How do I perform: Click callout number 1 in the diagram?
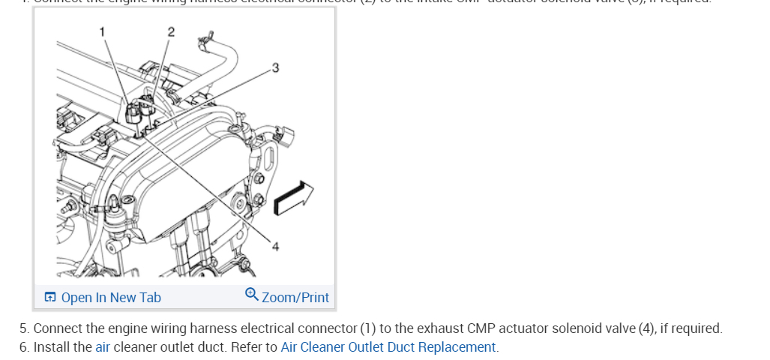tap(105, 31)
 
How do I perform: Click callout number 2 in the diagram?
tap(171, 31)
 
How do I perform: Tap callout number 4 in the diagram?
tap(275, 247)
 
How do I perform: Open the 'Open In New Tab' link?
tap(110, 298)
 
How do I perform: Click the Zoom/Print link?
tap(295, 298)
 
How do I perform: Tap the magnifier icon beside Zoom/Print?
tap(252, 295)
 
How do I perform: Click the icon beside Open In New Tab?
tap(50, 298)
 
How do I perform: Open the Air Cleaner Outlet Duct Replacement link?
tap(388, 347)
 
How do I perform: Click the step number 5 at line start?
tap(24, 328)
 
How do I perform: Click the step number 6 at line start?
tap(24, 347)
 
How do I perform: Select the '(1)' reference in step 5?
tap(367, 328)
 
